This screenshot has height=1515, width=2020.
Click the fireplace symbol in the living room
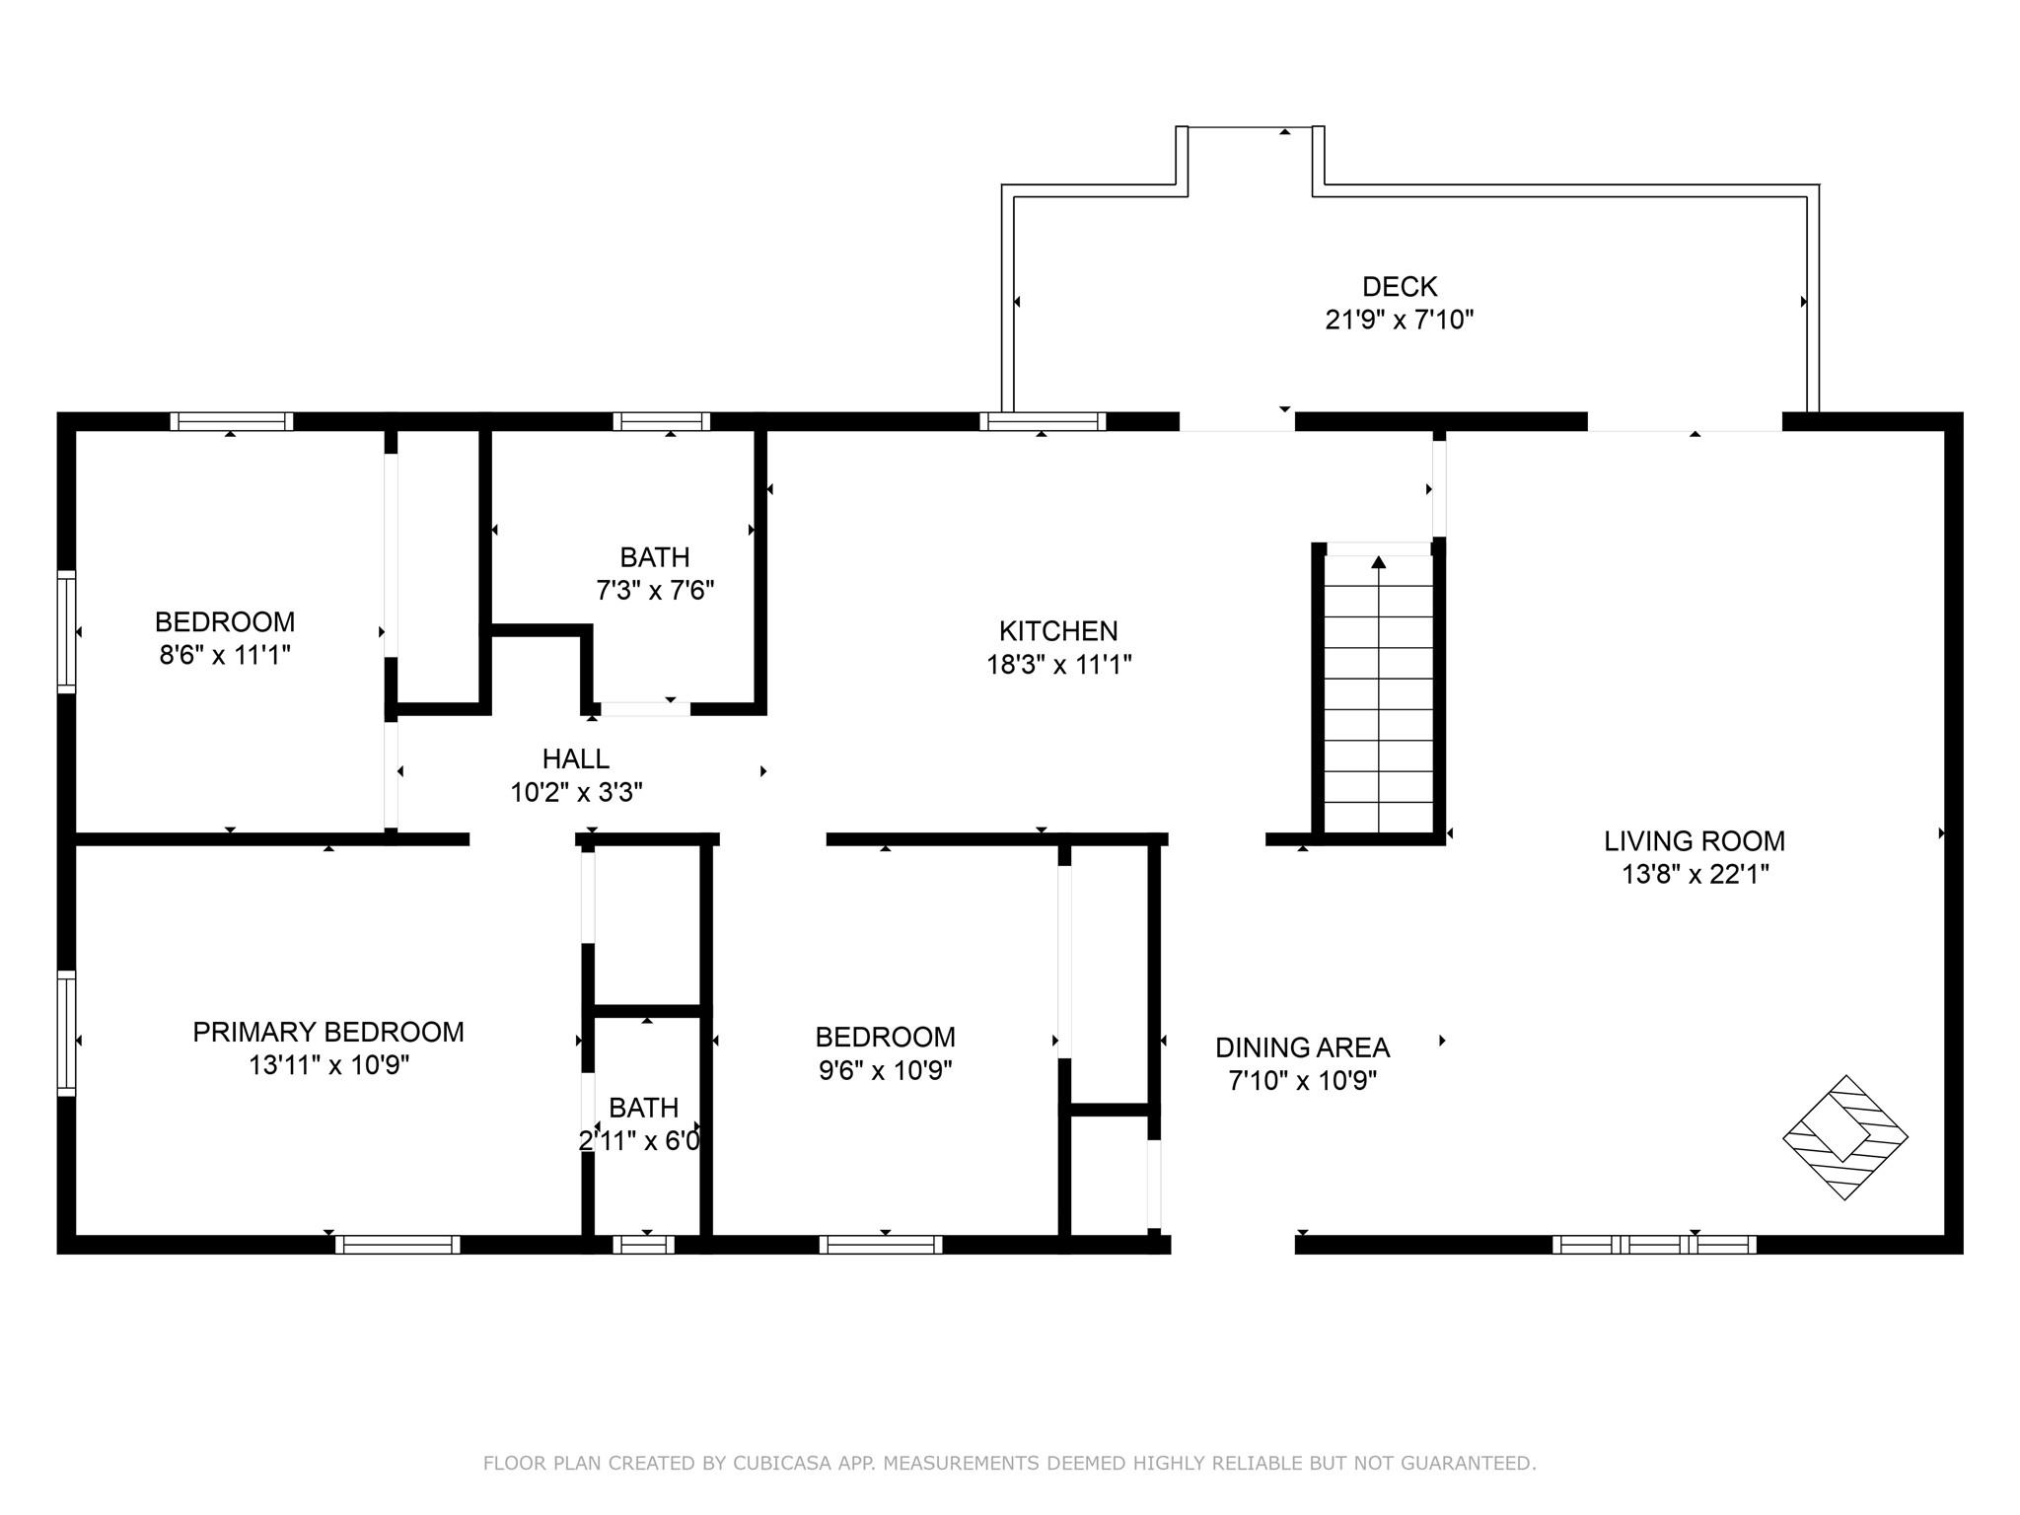pyautogui.click(x=1844, y=1136)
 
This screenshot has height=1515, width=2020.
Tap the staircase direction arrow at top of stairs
pyautogui.click(x=1378, y=562)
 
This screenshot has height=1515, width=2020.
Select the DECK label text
pyautogui.click(x=1399, y=287)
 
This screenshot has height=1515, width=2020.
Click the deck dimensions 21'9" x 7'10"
pyautogui.click(x=1399, y=320)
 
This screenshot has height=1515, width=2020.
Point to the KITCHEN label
pyautogui.click(x=1057, y=631)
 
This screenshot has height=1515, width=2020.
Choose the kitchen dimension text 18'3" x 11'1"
pyautogui.click(x=1057, y=665)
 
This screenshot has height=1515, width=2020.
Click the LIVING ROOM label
pyautogui.click(x=1694, y=841)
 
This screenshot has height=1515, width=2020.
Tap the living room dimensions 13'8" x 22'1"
pyautogui.click(x=1694, y=874)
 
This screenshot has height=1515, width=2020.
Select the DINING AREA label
pyautogui.click(x=1302, y=1047)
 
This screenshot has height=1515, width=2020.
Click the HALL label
pyautogui.click(x=575, y=759)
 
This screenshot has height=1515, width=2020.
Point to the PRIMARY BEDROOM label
pyautogui.click(x=327, y=1033)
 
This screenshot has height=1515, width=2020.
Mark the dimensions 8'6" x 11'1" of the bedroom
pyautogui.click(x=225, y=655)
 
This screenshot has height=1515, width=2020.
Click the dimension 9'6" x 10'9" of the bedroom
pyautogui.click(x=885, y=1070)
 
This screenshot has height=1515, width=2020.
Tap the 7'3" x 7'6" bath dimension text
pyautogui.click(x=655, y=591)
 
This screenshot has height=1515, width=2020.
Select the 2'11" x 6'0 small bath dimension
pyautogui.click(x=639, y=1141)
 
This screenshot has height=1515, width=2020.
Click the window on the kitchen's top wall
pyautogui.click(x=1043, y=422)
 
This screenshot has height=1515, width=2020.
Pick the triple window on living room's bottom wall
pyautogui.click(x=1653, y=1245)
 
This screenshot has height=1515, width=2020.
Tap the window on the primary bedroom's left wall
pyautogui.click(x=66, y=1033)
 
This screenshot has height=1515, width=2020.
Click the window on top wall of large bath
pyautogui.click(x=661, y=422)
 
